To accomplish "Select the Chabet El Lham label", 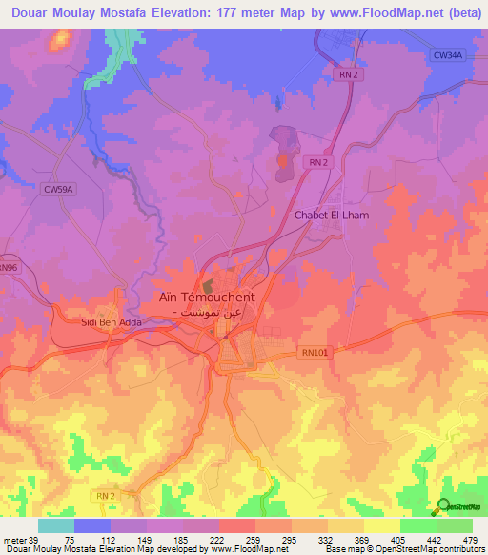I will coord(330,216).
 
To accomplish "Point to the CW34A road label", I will coord(447,56).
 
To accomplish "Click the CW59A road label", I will coord(58,189).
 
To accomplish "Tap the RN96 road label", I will coord(9,269).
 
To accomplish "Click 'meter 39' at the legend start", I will coord(20,540).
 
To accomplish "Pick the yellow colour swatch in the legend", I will coord(381,525).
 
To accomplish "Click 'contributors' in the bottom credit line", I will coord(462,550).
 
